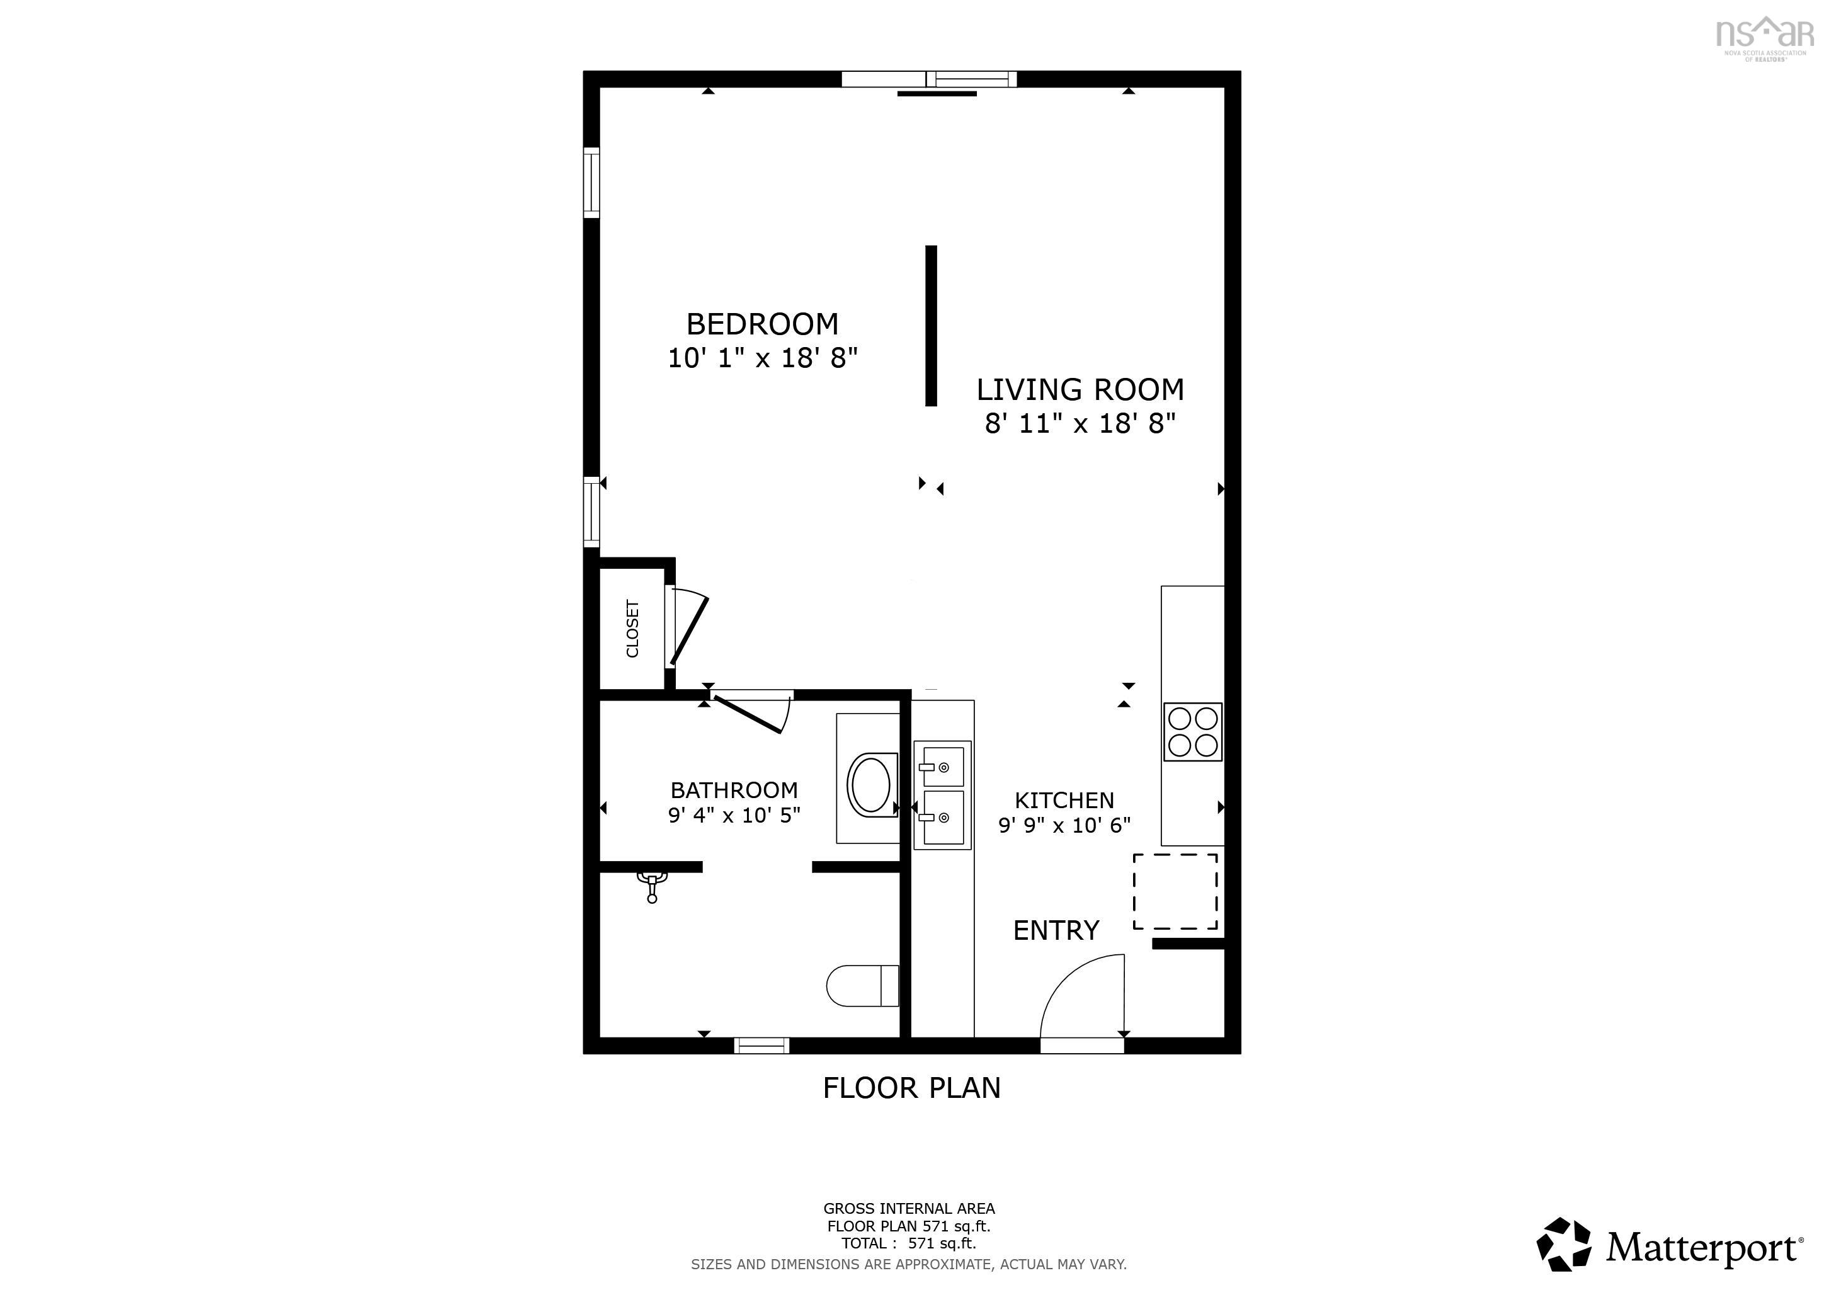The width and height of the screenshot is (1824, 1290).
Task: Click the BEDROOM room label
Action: pyautogui.click(x=762, y=324)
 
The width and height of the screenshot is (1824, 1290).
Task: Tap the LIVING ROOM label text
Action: pyautogui.click(x=1080, y=390)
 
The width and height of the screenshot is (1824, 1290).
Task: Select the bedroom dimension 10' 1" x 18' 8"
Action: pyautogui.click(x=762, y=358)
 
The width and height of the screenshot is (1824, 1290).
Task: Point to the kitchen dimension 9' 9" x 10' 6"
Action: pyautogui.click(x=1064, y=825)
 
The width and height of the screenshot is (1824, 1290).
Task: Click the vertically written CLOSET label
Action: pyautogui.click(x=632, y=629)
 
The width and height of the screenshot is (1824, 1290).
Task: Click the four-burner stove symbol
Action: pyautogui.click(x=1192, y=731)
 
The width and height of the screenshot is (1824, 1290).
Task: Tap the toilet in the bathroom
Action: pyautogui.click(x=863, y=986)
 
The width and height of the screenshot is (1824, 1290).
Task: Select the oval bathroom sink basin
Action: pyautogui.click(x=870, y=783)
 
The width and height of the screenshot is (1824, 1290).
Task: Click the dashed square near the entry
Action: pyautogui.click(x=1175, y=891)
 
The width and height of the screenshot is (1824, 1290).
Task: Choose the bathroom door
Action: pyautogui.click(x=748, y=713)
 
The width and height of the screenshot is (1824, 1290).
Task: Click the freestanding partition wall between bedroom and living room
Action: pyautogui.click(x=931, y=326)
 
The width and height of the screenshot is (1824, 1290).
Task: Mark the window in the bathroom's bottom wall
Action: pyautogui.click(x=761, y=1046)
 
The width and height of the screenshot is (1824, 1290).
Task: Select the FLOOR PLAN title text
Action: pyautogui.click(x=911, y=1087)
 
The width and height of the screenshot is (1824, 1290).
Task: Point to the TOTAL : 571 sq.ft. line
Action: pyautogui.click(x=908, y=1244)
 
